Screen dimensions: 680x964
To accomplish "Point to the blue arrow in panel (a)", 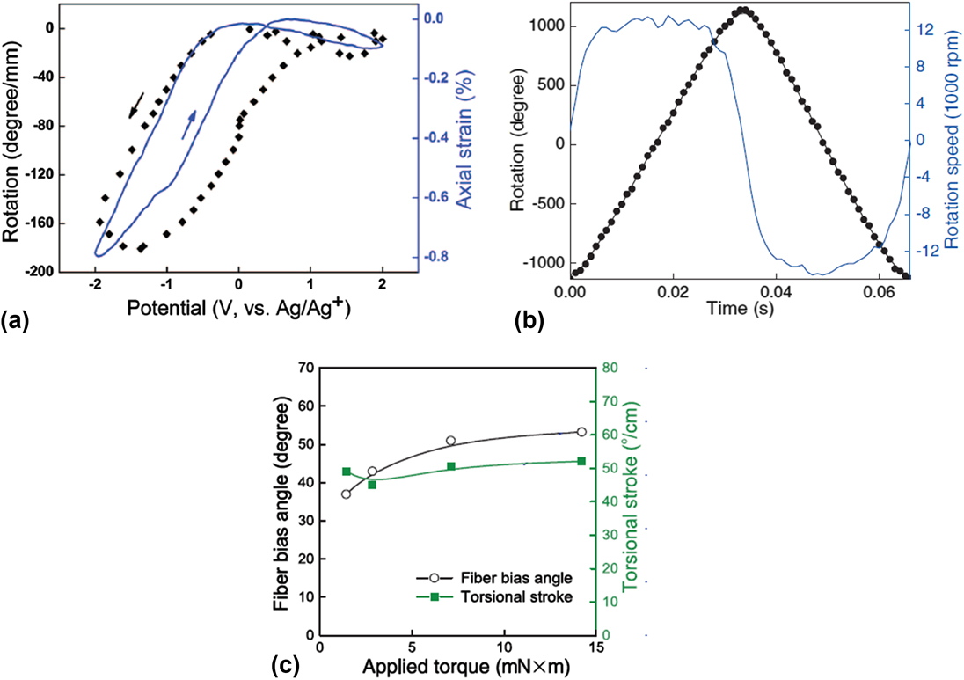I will pyautogui.click(x=188, y=125).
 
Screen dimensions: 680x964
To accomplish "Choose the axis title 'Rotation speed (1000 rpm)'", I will pyautogui.click(x=952, y=141).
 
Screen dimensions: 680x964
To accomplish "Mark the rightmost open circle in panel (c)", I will pyautogui.click(x=581, y=432).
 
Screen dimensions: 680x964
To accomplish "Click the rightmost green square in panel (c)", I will pyautogui.click(x=581, y=461).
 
